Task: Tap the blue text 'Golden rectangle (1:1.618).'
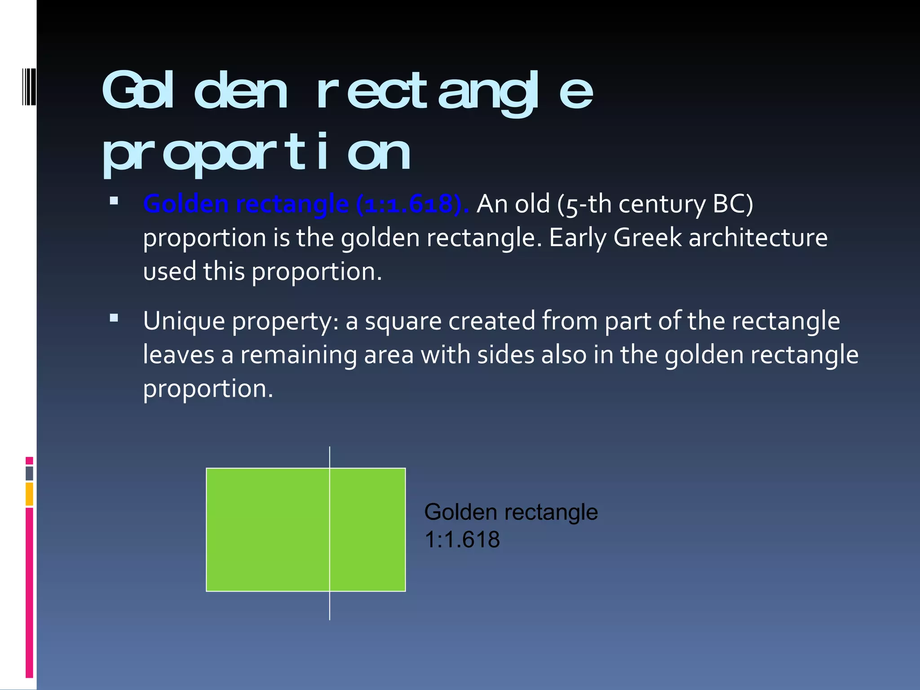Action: tap(306, 204)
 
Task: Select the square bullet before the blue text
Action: tap(114, 201)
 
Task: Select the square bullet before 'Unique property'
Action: tap(114, 318)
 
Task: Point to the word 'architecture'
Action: tap(758, 238)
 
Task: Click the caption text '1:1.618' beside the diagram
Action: tap(462, 540)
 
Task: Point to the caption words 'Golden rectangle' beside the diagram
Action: tap(511, 512)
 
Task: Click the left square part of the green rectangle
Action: tap(268, 530)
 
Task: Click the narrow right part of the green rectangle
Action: tap(368, 530)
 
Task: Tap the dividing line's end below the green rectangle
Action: tap(330, 617)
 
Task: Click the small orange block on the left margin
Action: tap(29, 494)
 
